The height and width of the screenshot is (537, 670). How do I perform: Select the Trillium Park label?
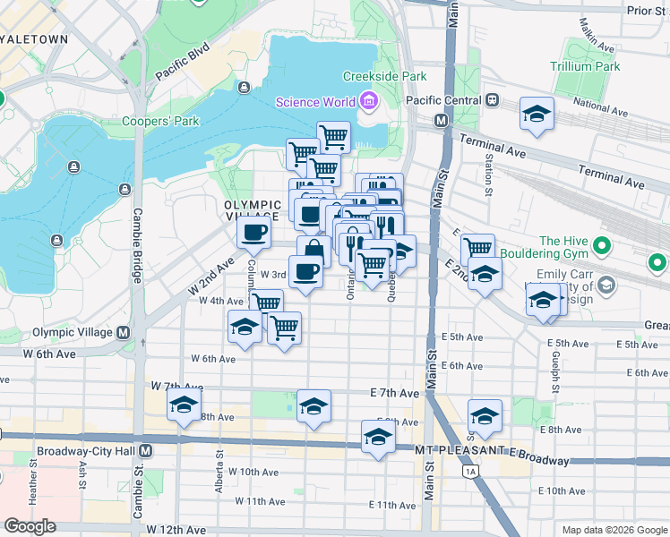[587, 66]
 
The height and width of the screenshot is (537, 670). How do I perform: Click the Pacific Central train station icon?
[492, 101]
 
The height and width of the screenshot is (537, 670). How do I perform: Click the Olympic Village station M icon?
[123, 332]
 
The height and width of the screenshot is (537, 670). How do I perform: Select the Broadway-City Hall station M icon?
[144, 448]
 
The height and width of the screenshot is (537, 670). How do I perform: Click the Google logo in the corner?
[30, 525]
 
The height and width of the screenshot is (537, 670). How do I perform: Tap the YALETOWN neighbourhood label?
[34, 39]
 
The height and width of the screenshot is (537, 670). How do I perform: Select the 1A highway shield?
[468, 470]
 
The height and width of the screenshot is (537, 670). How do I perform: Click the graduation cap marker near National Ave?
[537, 114]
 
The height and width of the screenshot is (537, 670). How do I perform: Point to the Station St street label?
[488, 175]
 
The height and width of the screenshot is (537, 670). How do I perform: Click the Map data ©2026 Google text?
[614, 530]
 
